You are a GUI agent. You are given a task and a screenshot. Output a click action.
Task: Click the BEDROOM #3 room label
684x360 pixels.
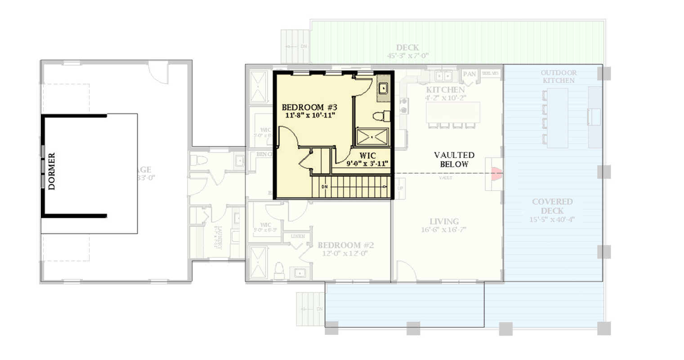click(309, 107)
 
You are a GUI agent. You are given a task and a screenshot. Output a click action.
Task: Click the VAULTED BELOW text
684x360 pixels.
click(454, 160)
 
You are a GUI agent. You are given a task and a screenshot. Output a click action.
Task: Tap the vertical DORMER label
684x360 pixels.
click(52, 171)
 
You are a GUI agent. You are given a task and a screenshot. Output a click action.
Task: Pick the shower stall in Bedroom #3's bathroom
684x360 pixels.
click(372, 136)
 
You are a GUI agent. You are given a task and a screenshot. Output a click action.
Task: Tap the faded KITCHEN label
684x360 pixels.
click(445, 90)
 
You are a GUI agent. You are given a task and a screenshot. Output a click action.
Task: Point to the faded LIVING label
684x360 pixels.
click(444, 221)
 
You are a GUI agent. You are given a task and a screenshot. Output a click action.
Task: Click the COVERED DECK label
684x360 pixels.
click(552, 206)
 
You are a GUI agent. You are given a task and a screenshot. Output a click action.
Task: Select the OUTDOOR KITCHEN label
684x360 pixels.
click(559, 76)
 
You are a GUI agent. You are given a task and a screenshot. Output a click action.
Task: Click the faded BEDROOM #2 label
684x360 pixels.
click(346, 245)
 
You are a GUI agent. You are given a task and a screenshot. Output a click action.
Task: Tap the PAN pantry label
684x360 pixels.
click(469, 74)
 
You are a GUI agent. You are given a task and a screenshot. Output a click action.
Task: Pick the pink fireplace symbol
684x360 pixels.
click(496, 173)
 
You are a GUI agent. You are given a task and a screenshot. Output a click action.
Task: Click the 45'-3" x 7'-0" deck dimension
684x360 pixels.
click(407, 56)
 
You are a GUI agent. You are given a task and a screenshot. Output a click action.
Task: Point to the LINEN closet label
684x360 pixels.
click(298, 236)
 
